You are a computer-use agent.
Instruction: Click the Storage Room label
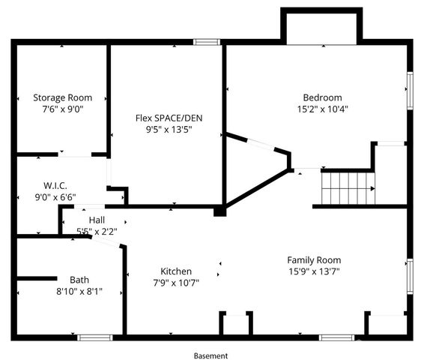pyautogui.click(x=62, y=97)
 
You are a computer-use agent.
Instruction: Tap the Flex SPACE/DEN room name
pyautogui.click(x=169, y=118)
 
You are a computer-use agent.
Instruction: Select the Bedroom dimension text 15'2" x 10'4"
pyautogui.click(x=322, y=109)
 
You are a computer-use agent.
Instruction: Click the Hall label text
pyautogui.click(x=97, y=220)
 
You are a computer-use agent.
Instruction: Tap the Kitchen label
pyautogui.click(x=176, y=271)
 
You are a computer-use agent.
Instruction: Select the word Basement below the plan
pyautogui.click(x=211, y=355)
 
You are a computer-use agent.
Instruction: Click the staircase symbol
pyautogui.click(x=347, y=187)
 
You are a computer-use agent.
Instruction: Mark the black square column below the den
pyautogui.click(x=219, y=211)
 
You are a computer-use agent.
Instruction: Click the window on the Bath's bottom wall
pyautogui.click(x=95, y=337)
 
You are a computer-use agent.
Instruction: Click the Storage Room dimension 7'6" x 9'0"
pyautogui.click(x=62, y=109)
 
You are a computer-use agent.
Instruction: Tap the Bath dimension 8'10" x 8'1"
pyautogui.click(x=79, y=291)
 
